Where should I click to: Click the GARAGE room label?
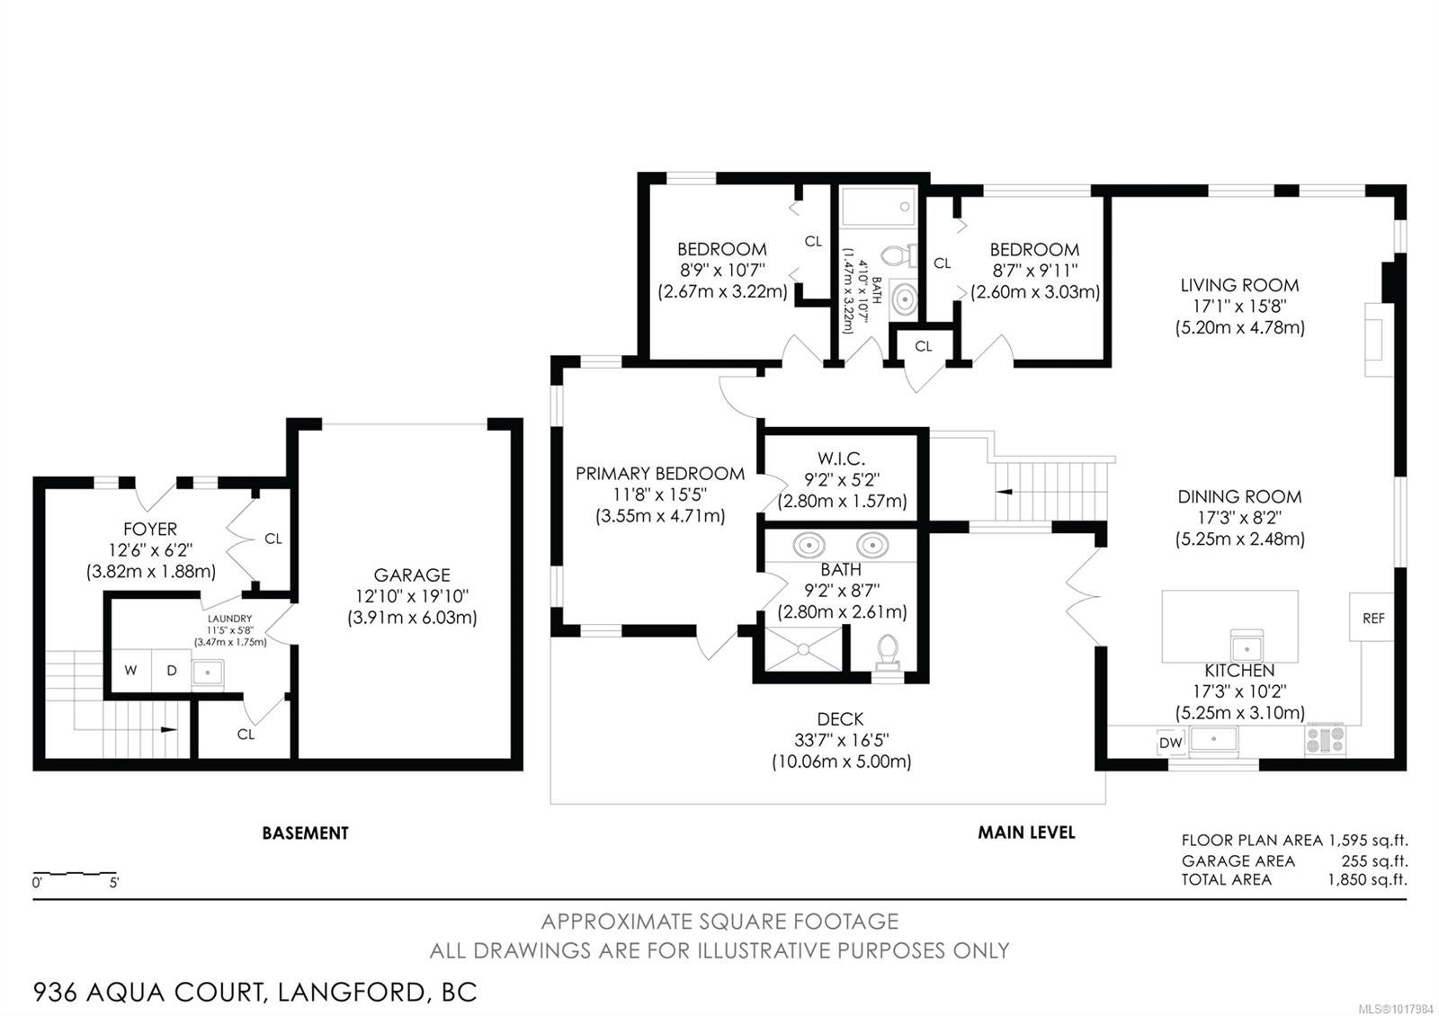click(x=412, y=575)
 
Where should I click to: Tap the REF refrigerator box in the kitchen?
click(x=1372, y=617)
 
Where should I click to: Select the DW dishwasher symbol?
click(x=1170, y=743)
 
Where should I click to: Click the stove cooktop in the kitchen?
click(x=1325, y=739)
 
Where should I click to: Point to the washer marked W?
click(x=131, y=671)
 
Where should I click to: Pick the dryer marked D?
click(x=172, y=671)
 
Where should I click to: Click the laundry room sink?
click(x=208, y=673)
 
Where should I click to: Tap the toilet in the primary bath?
click(x=888, y=653)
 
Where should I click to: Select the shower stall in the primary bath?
click(x=803, y=648)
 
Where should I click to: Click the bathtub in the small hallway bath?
click(x=878, y=207)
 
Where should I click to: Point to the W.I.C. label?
click(x=842, y=459)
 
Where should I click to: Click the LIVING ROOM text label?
click(x=1240, y=285)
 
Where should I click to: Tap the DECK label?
click(x=840, y=718)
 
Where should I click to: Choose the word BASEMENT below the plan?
click(x=305, y=833)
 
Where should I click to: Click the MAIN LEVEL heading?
click(x=1026, y=833)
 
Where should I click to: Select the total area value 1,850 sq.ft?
click(x=1368, y=879)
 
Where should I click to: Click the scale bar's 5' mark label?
click(x=114, y=882)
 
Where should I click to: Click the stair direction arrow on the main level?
click(x=1004, y=492)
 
